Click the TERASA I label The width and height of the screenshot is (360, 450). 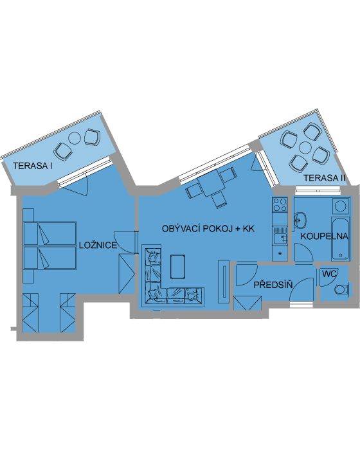point(32,166)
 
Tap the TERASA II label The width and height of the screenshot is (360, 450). point(324,178)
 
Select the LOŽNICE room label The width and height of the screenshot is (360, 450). point(98,245)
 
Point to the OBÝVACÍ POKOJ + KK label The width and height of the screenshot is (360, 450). point(208,229)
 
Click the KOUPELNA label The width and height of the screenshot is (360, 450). point(325,236)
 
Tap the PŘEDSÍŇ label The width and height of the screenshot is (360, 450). point(273,285)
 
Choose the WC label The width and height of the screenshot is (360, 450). point(329,274)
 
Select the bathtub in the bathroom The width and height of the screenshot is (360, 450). point(341,239)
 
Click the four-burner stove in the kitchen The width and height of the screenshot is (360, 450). point(280,204)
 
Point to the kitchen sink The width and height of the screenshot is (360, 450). point(280,236)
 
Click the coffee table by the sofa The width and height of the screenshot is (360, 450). point(177,267)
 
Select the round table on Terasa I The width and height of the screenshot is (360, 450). point(75,138)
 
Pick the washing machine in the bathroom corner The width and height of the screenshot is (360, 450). point(341,206)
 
